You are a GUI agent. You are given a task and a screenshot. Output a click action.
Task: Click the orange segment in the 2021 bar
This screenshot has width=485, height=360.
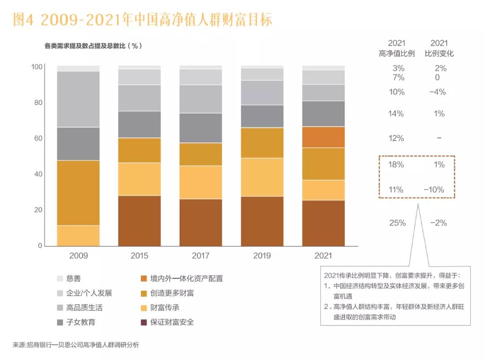(323, 137)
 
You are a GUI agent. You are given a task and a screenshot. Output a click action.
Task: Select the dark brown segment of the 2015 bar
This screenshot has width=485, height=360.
(140, 221)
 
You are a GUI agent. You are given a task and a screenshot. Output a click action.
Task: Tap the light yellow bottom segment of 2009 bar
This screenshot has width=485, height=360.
(78, 236)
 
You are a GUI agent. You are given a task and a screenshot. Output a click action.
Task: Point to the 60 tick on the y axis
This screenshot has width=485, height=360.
(38, 138)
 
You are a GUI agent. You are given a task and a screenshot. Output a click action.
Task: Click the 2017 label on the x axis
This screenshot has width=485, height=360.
(200, 256)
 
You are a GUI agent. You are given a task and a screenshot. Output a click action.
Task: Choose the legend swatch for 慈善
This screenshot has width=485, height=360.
(60, 278)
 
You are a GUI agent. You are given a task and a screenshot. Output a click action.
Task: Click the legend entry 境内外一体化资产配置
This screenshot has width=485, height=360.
(181, 278)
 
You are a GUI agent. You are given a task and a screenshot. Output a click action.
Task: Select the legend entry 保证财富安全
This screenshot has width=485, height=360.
(168, 322)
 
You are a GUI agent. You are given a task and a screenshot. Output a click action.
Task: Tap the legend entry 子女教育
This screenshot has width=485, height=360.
(76, 322)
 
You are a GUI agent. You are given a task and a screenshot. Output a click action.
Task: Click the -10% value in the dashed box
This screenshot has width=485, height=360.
(434, 189)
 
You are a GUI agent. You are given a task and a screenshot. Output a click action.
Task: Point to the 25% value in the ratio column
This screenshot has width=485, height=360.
(397, 223)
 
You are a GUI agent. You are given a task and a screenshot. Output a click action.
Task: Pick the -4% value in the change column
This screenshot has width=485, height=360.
(438, 92)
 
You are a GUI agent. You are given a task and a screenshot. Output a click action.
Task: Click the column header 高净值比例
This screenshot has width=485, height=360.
(397, 53)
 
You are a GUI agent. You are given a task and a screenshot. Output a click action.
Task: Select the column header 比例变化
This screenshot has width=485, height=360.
(439, 53)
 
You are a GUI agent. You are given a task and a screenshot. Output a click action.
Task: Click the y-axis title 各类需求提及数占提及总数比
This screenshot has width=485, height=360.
(85, 46)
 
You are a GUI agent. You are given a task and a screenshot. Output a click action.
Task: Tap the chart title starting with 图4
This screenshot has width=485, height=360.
(143, 19)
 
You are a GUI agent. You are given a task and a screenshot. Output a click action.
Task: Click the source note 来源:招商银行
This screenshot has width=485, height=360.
(76, 345)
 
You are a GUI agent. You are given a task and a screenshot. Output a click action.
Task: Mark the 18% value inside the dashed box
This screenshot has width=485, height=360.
(396, 165)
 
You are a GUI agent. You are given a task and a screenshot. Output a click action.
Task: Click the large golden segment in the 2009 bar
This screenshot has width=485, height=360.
(78, 193)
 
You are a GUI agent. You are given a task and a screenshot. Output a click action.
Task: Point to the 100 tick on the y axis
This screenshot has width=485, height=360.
(37, 67)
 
